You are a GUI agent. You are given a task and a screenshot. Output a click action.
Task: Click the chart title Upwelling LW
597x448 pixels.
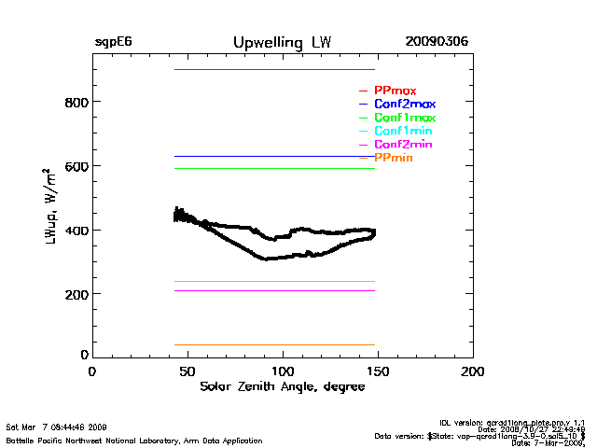282,43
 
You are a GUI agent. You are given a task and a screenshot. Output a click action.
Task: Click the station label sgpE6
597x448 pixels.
113,43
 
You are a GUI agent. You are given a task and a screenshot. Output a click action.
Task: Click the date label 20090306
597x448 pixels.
437,43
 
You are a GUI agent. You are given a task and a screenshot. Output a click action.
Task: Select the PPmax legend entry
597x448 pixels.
395,91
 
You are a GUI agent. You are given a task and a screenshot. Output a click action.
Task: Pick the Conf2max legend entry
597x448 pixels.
404,105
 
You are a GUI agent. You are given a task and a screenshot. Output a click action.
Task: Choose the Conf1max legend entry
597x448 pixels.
404,119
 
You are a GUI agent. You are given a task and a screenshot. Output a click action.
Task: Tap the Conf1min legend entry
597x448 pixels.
403,132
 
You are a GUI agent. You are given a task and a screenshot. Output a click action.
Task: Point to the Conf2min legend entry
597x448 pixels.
403,146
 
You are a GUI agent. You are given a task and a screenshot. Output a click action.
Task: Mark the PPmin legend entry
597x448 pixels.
394,159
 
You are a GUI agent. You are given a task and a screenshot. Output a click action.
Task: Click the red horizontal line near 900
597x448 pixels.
274,69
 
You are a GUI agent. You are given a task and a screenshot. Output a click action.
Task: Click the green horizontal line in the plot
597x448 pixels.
274,168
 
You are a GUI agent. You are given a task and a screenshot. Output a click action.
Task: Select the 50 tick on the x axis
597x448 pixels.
188,371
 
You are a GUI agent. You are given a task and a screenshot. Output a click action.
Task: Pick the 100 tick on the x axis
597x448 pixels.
284,371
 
